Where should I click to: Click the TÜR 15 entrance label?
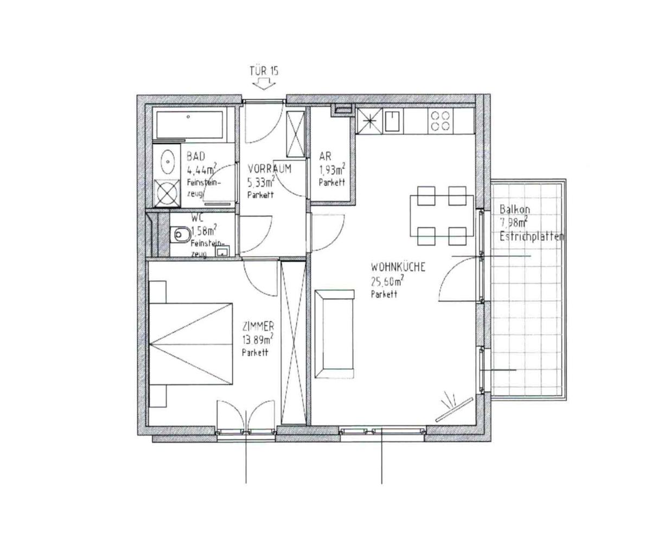point(264,71)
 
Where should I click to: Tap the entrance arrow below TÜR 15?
point(264,83)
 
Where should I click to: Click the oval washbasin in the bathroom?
point(167,161)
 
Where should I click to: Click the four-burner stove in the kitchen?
point(439,121)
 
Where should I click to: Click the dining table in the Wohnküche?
point(441,216)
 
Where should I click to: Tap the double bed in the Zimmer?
point(190,343)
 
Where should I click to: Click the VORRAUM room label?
point(269,169)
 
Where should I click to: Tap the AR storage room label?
point(325,157)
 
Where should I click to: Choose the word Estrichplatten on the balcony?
point(531,237)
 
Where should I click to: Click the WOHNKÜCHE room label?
point(398,268)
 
